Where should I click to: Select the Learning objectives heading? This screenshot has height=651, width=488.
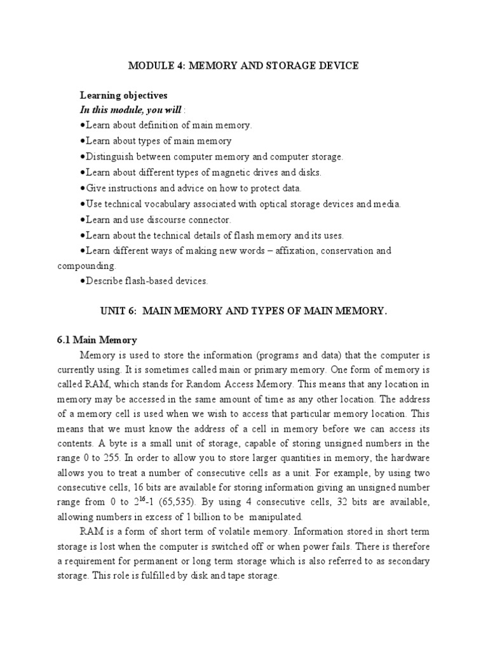(123, 95)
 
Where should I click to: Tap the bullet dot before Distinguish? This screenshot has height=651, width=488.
(83, 156)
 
